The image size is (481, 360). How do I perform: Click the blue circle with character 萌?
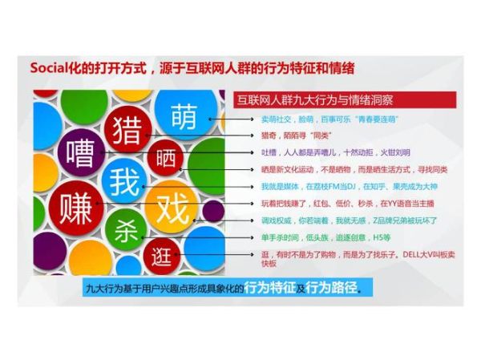coord(184,116)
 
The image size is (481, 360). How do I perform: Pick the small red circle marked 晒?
coord(166,158)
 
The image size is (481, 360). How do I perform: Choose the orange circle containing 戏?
coord(170,200)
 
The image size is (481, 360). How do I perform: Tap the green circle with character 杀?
coord(123,228)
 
